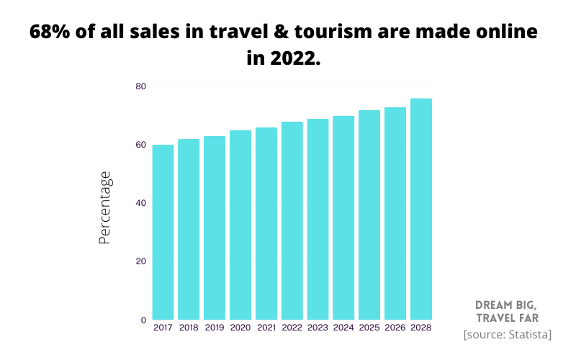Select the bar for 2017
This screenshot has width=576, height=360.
[x=163, y=232]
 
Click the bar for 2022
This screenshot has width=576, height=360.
[x=292, y=220]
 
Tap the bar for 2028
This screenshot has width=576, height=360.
[x=420, y=209]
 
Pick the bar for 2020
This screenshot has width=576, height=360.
[x=240, y=225]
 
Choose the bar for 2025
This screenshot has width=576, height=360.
[x=369, y=215]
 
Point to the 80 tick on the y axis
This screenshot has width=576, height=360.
[x=140, y=86]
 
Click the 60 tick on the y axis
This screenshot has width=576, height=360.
[x=140, y=145]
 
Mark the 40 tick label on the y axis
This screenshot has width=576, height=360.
[x=140, y=203]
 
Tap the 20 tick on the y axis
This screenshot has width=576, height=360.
[x=140, y=261]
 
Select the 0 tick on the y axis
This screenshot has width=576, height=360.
[x=143, y=320]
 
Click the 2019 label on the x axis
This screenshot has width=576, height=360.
[x=215, y=328]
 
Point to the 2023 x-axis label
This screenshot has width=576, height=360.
[x=318, y=328]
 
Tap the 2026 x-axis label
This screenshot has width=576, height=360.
[x=395, y=328]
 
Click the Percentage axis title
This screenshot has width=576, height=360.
[x=105, y=207]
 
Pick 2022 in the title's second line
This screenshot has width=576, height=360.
[x=295, y=58]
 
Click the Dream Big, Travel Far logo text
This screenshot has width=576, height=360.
[x=506, y=311]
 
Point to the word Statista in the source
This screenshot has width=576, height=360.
[x=528, y=334]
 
